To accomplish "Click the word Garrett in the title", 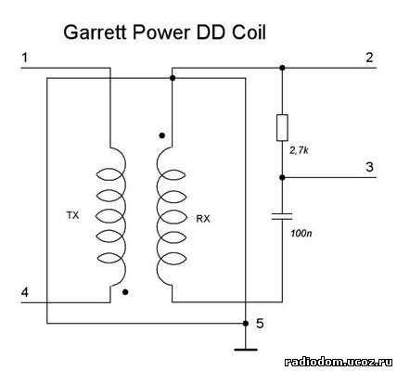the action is pos(96,32).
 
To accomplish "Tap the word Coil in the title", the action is pos(249,32).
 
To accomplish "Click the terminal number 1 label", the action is pos(25,58).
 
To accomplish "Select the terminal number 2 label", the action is pos(369,58).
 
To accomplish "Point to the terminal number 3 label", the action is pos(370,167).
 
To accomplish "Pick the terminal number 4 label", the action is pos(25,292).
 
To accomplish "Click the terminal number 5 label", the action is pos(260,324).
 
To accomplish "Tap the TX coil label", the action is pos(73,215).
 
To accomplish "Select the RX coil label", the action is pos(203,219).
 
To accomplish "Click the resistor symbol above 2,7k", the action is pos(282,128).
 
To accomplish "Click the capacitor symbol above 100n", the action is pos(282,216).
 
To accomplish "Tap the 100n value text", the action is pos(301,233).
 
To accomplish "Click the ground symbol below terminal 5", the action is pos(246,350).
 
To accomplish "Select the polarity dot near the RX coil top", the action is pos(161,135).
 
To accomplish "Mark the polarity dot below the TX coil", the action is pos(125,292).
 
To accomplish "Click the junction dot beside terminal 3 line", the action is pos(282,177).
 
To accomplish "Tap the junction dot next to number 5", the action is pos(246,324).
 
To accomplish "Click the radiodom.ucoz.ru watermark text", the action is pos(339,362).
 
